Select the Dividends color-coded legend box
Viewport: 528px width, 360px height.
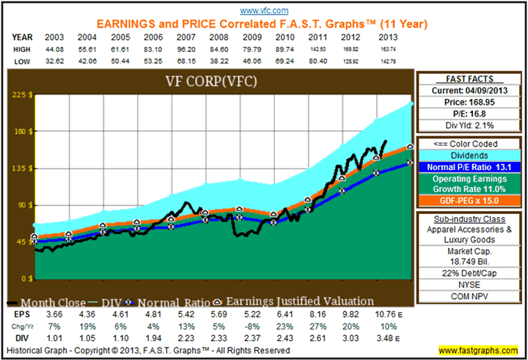pos(470,155)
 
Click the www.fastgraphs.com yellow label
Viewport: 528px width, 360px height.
pos(480,350)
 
